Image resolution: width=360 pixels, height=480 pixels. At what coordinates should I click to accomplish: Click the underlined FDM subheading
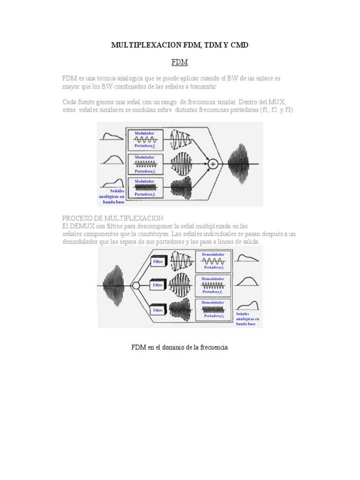point(180,62)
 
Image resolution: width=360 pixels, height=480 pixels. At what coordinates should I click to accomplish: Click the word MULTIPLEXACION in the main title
point(142,45)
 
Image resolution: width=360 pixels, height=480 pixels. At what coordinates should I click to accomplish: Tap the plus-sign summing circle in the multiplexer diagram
point(213,164)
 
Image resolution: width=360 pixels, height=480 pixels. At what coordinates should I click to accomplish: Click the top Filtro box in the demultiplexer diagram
point(158,262)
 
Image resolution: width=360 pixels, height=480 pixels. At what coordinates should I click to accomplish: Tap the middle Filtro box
point(158,285)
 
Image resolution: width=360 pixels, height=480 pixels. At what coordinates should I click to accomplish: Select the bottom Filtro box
point(158,309)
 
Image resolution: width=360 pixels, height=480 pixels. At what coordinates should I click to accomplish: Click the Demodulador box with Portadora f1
point(212,261)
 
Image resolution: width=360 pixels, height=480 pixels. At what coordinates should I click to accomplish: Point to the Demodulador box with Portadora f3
point(212,309)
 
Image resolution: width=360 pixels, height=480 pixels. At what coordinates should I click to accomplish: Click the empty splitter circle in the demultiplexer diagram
point(135,285)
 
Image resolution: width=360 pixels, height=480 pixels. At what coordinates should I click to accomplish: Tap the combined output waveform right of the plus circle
point(242,164)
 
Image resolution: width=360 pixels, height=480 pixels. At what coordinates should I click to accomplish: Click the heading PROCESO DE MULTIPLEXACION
point(113,218)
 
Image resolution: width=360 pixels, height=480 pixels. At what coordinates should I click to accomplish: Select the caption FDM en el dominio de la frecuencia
point(180,347)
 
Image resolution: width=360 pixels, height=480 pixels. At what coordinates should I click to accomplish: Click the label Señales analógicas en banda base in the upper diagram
point(111,196)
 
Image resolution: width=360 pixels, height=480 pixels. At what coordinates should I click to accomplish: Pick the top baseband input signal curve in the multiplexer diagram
point(111,136)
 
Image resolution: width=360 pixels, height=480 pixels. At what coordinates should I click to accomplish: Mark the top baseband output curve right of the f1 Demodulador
point(247,258)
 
